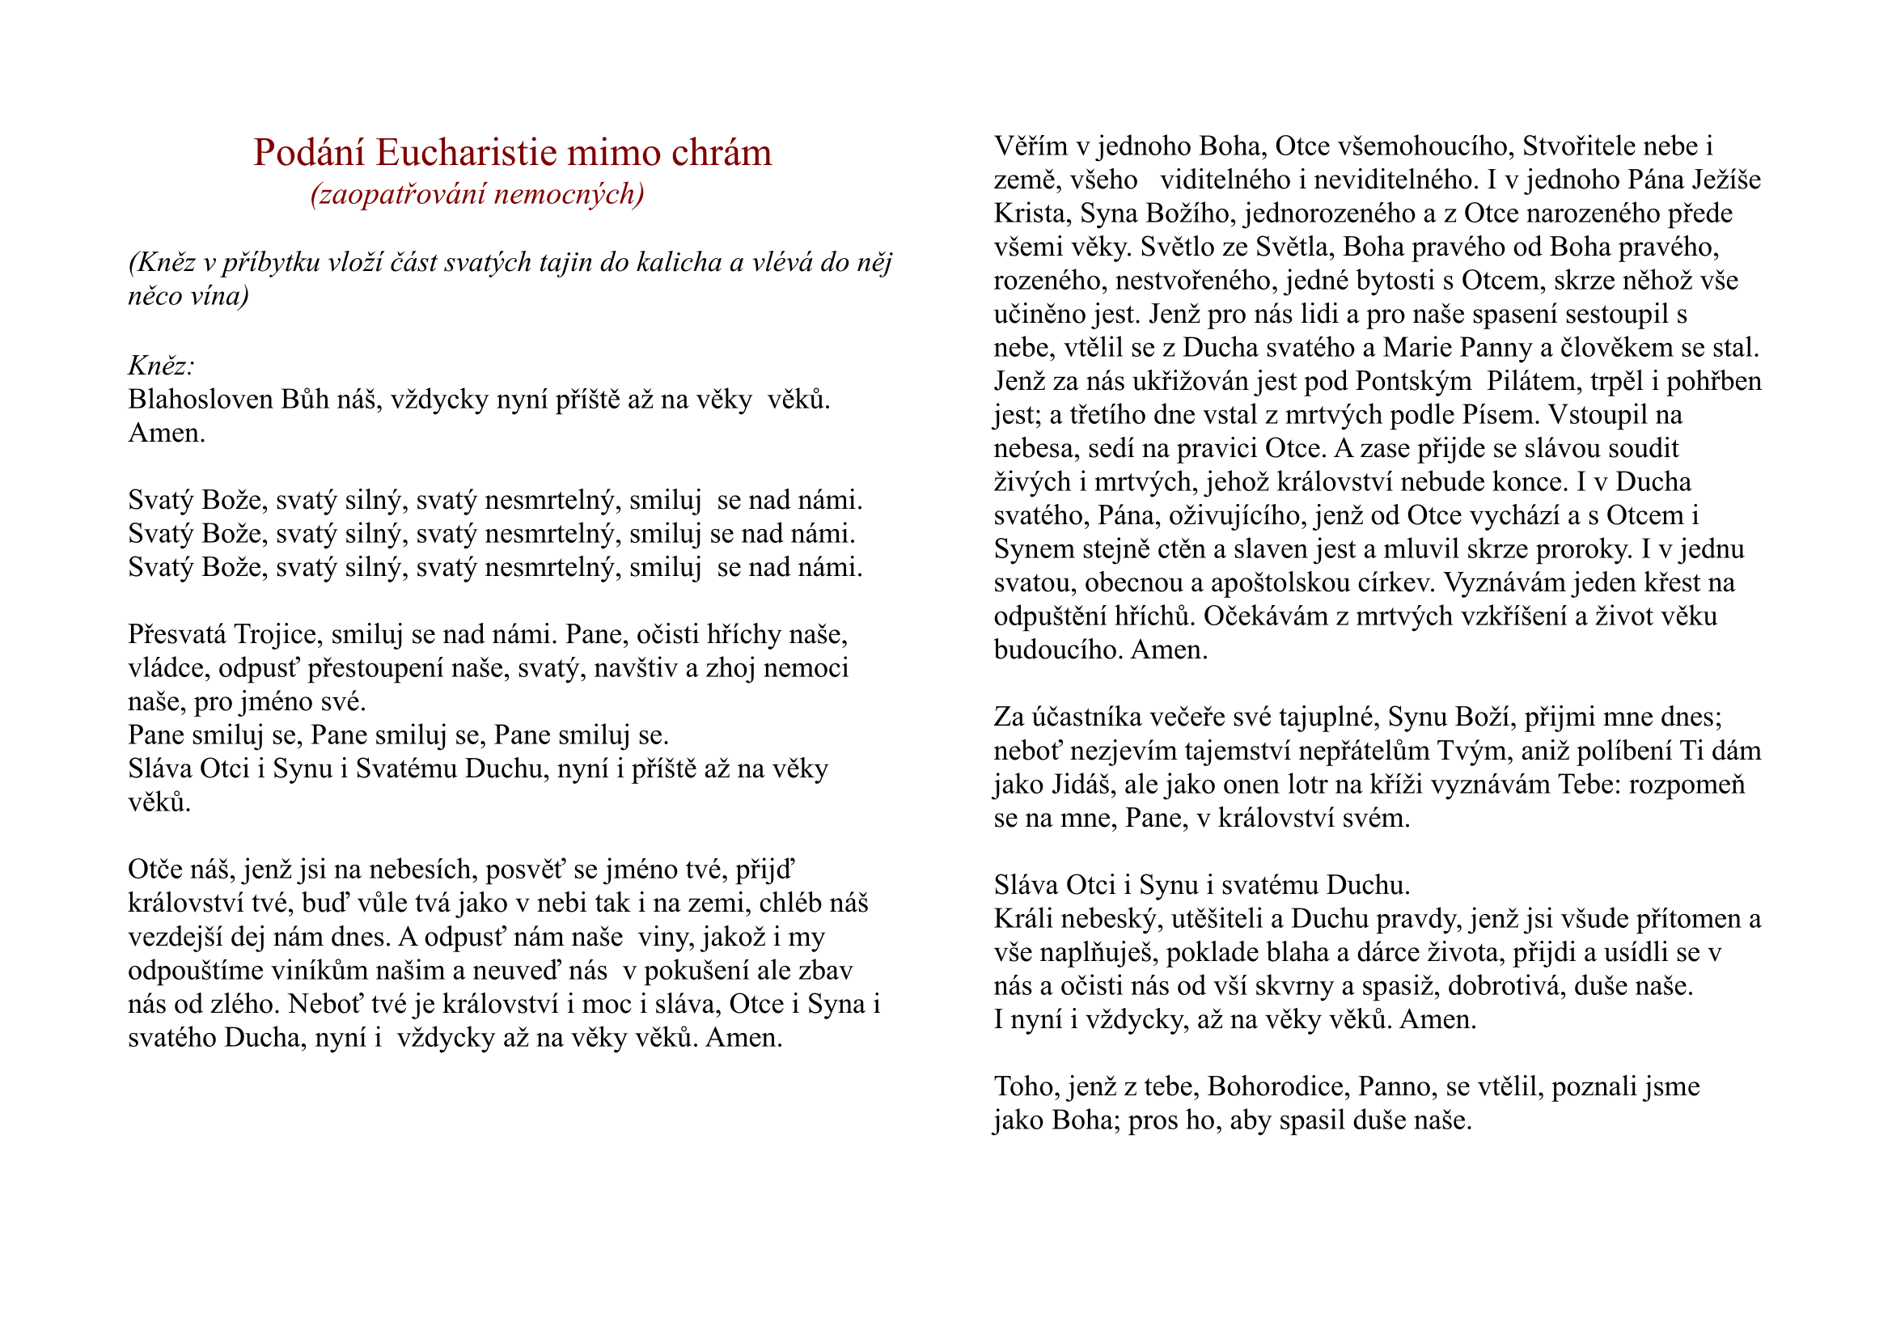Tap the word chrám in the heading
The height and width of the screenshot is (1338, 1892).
(x=721, y=152)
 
